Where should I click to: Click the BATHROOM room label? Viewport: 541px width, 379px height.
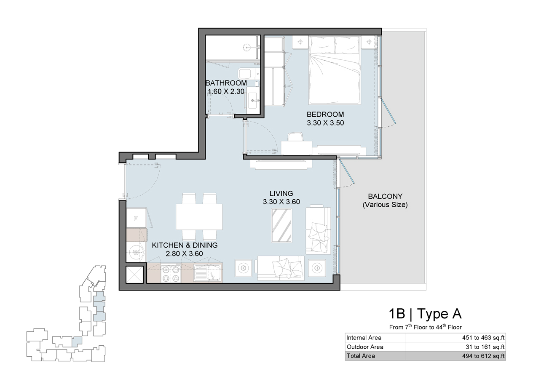226,83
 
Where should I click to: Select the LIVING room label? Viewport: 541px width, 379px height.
281,194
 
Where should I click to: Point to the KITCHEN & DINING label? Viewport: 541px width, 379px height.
185,245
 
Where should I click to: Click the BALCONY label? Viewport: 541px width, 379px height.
385,196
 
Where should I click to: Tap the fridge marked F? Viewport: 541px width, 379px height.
136,219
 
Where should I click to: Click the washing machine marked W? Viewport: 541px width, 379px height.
136,253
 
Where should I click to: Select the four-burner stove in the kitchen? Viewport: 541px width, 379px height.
171,273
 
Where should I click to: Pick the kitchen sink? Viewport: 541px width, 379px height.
208,273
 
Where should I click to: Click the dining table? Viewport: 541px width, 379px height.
199,216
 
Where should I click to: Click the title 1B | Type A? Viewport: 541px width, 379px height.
425,314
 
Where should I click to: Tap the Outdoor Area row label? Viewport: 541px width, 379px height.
365,347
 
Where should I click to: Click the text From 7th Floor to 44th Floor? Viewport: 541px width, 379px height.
425,327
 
